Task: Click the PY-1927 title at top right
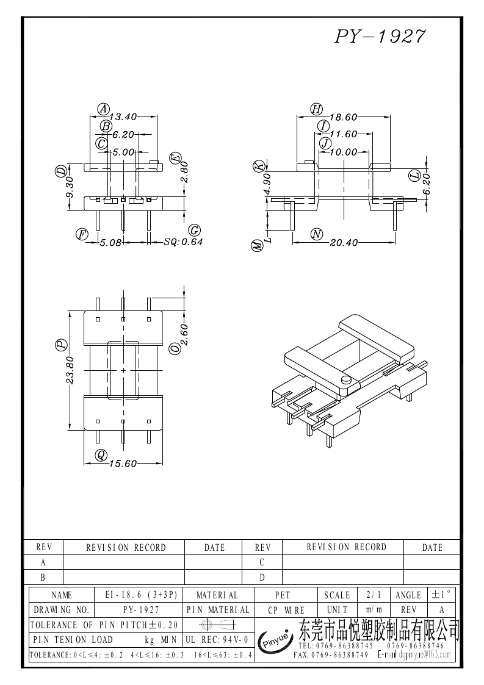(x=380, y=37)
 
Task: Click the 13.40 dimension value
(x=123, y=117)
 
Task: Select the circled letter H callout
(x=316, y=109)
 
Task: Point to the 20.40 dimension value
(x=343, y=242)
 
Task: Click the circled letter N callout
(x=316, y=234)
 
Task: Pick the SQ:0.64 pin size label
(x=183, y=242)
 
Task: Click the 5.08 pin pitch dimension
(x=111, y=242)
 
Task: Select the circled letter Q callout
(x=101, y=454)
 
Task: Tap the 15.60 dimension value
(x=123, y=464)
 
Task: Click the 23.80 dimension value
(x=70, y=370)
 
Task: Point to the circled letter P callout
(x=61, y=345)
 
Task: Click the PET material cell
(x=283, y=595)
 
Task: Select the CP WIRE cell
(x=283, y=609)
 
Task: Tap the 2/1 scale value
(x=370, y=595)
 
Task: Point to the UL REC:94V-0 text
(x=216, y=639)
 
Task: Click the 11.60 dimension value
(x=343, y=134)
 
